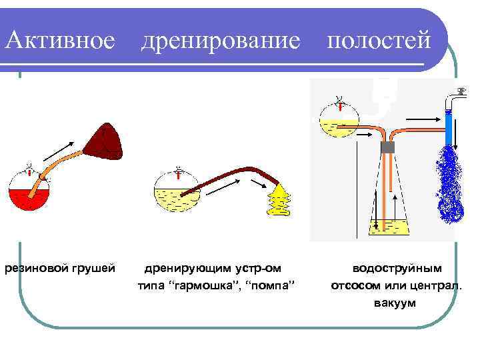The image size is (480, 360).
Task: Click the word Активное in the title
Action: coord(60,41)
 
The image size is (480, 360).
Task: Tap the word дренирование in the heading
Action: coord(221,41)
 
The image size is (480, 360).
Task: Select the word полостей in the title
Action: coord(377,41)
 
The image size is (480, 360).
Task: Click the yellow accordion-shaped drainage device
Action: coord(281,199)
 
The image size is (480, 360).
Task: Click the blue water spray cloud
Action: coord(450,184)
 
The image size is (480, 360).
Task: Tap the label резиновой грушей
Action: coord(59,268)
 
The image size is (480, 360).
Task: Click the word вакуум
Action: coord(396,303)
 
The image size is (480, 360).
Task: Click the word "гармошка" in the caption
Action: coord(205,286)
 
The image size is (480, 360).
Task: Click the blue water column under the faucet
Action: coord(448,130)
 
